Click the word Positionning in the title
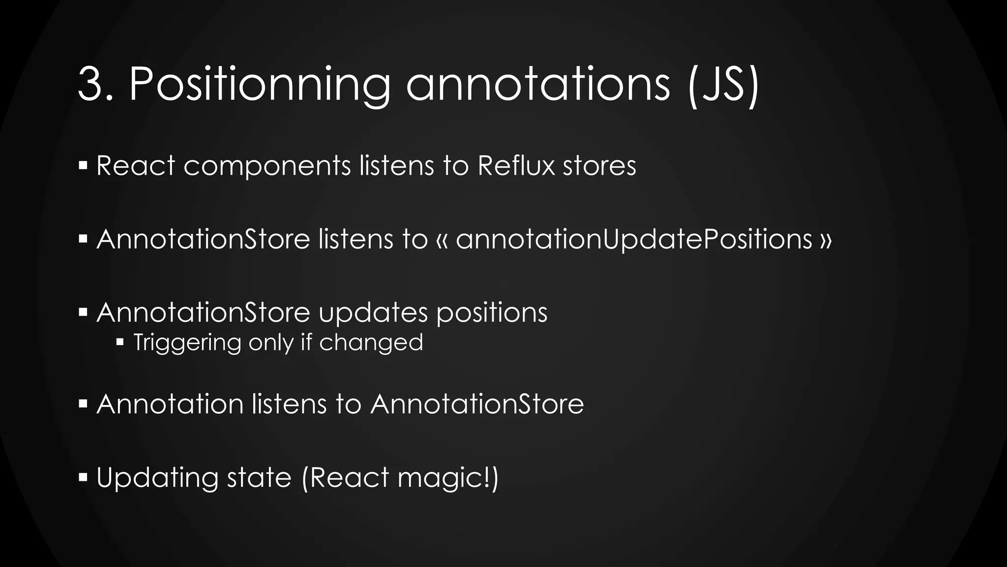click(260, 85)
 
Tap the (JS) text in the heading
click(723, 85)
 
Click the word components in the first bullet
click(267, 166)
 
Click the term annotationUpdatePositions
click(634, 240)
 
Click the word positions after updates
click(492, 313)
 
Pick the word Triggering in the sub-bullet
click(187, 343)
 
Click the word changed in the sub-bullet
click(371, 342)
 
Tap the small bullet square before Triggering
click(120, 342)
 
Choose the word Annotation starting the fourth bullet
click(170, 404)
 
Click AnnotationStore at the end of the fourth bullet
click(477, 404)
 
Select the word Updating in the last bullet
click(157, 478)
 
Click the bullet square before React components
click(83, 165)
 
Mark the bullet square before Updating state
click(83, 477)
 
